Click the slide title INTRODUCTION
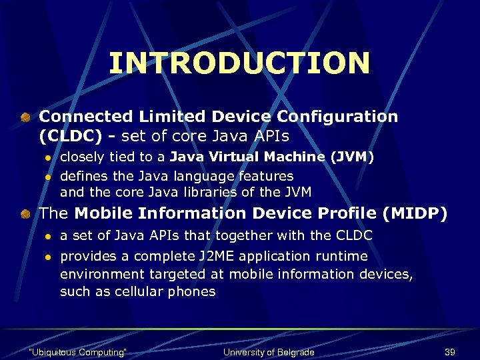point(239,63)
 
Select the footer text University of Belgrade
point(268,352)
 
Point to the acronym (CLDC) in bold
point(70,137)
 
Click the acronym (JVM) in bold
point(352,157)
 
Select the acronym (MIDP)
point(415,214)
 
